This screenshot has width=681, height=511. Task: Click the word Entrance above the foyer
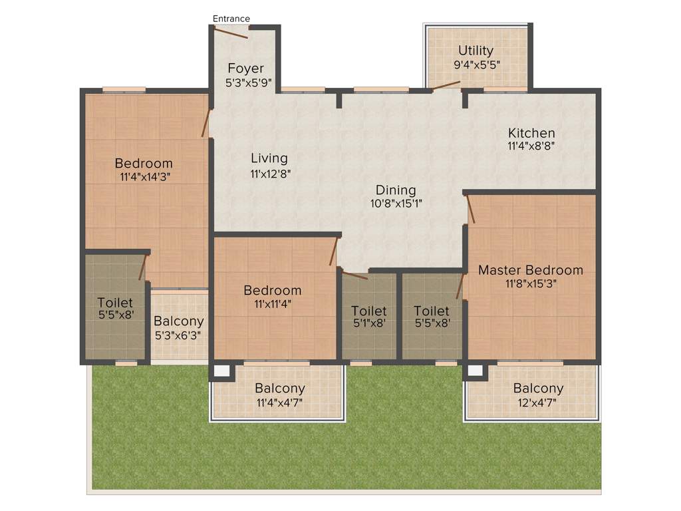231,19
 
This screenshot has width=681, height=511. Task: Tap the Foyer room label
245,69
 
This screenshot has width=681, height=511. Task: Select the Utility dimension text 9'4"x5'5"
476,65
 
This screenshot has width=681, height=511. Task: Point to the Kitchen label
531,133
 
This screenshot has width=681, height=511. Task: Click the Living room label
269,158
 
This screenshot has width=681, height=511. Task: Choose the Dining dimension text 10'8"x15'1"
396,204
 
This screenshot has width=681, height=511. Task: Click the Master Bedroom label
531,270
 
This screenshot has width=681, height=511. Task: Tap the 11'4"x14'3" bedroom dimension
144,177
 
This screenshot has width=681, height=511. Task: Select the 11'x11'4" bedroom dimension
272,304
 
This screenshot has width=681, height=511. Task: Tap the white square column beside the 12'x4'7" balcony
475,371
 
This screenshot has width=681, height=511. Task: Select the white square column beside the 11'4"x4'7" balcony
221,371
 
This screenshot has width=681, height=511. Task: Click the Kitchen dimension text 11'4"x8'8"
531,146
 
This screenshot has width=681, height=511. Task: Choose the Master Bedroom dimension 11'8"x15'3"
531,283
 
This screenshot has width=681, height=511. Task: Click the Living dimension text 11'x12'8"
269,172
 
